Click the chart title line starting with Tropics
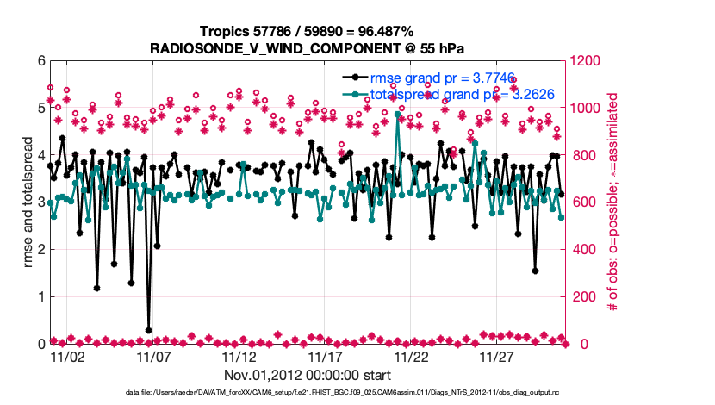pyautogui.click(x=308, y=31)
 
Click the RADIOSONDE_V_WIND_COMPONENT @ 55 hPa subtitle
pyautogui.click(x=308, y=47)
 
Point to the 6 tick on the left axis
pyautogui.click(x=40, y=61)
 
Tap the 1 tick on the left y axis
pyautogui.click(x=40, y=297)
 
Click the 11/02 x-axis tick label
pyautogui.click(x=67, y=356)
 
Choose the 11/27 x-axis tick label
pyautogui.click(x=498, y=356)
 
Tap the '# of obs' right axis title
pyautogui.click(x=613, y=202)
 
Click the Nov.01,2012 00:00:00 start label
pyautogui.click(x=308, y=375)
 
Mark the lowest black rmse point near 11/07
pyautogui.click(x=148, y=330)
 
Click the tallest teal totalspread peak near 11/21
pyautogui.click(x=397, y=114)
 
